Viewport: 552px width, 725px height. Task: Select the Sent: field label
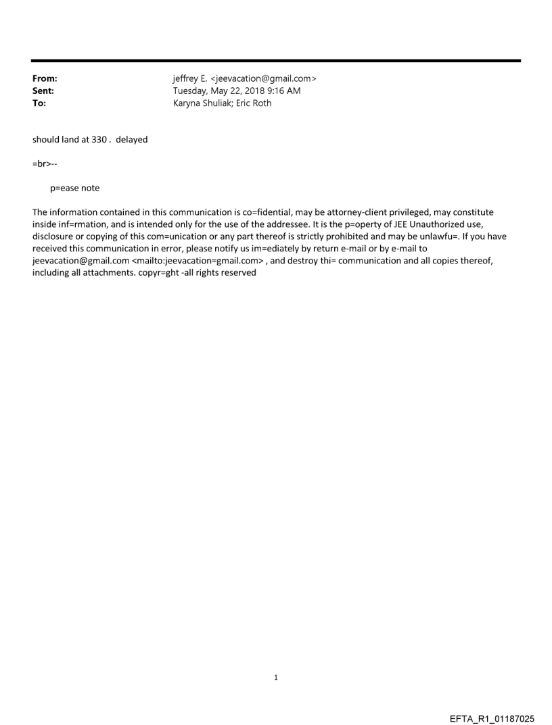click(43, 91)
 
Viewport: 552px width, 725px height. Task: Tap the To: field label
click(39, 103)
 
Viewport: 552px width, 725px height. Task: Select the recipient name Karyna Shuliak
click(201, 103)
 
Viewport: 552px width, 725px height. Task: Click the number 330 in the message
click(99, 140)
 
